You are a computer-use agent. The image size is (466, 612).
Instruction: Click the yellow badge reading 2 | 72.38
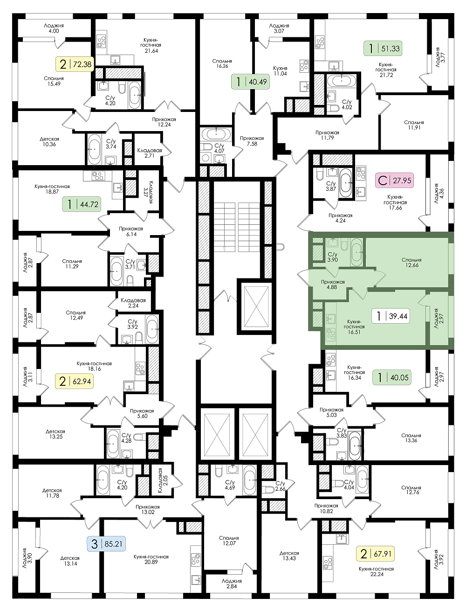tap(75, 64)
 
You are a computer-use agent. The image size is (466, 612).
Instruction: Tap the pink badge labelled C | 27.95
tap(394, 181)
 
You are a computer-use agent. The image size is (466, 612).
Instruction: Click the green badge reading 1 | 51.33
tap(383, 48)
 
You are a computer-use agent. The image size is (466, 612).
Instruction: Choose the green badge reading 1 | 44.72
tap(81, 204)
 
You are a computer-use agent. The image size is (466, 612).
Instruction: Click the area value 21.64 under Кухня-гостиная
tap(151, 51)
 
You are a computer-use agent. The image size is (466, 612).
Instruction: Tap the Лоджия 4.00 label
tap(54, 28)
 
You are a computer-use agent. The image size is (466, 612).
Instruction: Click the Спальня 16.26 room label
tap(222, 63)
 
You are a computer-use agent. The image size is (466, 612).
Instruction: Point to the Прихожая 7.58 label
tap(252, 141)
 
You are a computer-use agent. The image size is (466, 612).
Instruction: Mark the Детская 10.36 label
tap(49, 142)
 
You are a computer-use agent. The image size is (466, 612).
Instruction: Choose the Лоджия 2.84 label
tap(232, 584)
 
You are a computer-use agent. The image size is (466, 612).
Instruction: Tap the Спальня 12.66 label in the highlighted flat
tap(411, 262)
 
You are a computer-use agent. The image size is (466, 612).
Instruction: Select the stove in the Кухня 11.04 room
tap(304, 65)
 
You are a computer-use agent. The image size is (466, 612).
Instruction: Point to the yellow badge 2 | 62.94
tap(75, 381)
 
